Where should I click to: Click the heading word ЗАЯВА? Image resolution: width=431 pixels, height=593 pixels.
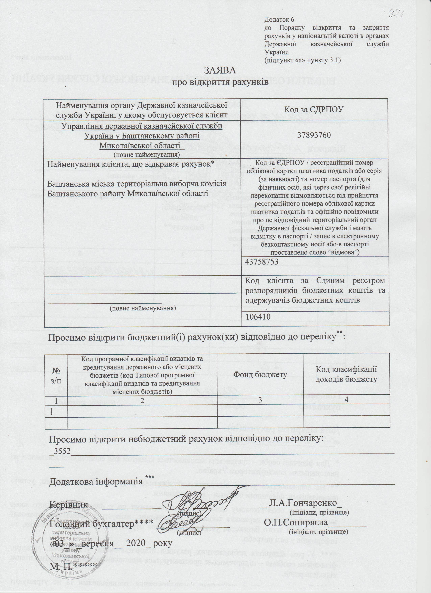point(220,71)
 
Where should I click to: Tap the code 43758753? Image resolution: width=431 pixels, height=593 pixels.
point(262,262)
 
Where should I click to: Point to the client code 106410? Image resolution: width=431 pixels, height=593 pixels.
point(258,317)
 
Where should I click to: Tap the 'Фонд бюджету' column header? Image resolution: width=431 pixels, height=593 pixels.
point(260,375)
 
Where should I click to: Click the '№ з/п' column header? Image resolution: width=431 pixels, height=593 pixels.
point(56,375)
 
